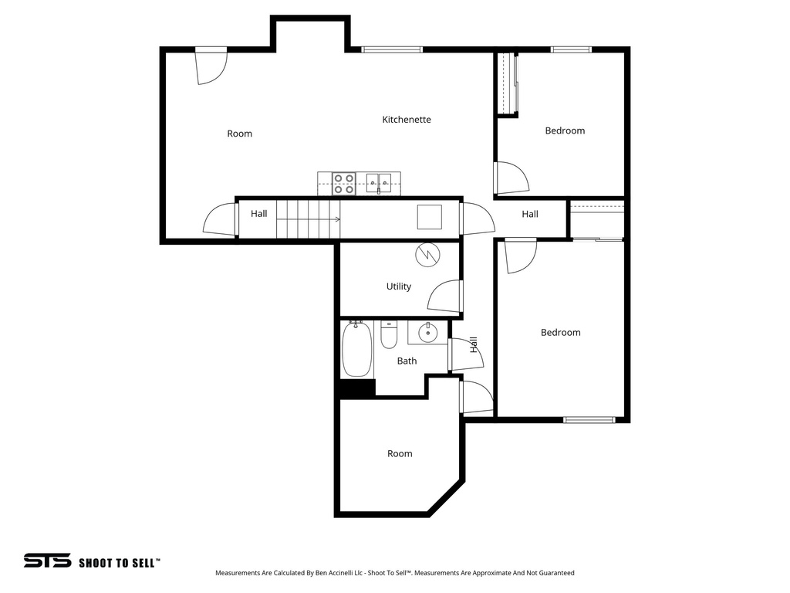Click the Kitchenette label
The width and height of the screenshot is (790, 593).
coord(407,120)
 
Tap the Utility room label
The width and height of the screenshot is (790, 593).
coord(399,286)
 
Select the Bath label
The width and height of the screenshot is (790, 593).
coord(407,361)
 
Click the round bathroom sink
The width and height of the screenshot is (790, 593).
coord(427,333)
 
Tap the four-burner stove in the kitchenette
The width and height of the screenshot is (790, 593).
coord(343,183)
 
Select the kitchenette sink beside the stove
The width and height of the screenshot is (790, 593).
coord(379,183)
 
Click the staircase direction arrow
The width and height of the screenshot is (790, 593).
coord(337,219)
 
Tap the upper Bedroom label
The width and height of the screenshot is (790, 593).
coord(565,130)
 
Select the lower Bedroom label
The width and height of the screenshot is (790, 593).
coord(560,332)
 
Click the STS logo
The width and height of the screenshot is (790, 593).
coord(47,561)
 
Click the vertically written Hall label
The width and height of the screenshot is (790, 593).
coord(474,344)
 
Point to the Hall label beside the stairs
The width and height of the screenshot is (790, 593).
coord(259,213)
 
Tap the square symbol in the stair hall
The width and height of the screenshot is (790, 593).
coord(430,217)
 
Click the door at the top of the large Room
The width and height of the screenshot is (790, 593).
coord(211,64)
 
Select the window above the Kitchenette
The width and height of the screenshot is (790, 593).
coord(392,50)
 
